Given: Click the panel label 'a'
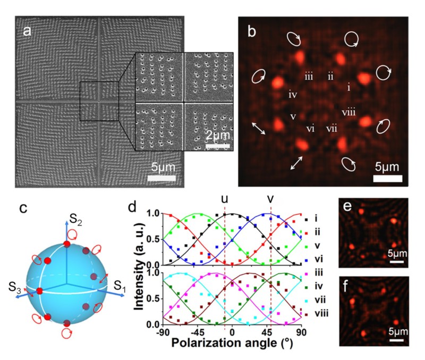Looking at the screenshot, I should pyautogui.click(x=28, y=31).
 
